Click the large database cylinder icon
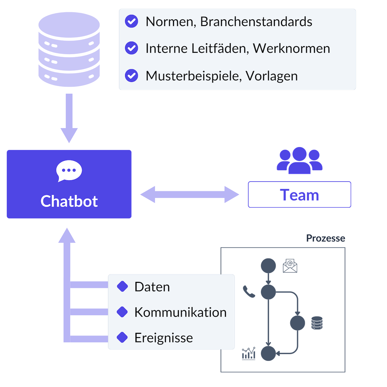point(69,49)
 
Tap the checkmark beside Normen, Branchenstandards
point(131,21)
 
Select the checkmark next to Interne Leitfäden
point(131,48)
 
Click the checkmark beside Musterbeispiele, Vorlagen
point(131,75)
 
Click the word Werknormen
point(291,48)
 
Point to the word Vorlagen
point(272,76)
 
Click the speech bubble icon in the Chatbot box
point(69,171)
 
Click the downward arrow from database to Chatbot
point(69,118)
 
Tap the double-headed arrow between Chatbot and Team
point(190,194)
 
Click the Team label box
point(299,194)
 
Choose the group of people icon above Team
point(299,161)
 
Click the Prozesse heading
point(325,238)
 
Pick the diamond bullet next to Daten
point(122,286)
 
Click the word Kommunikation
point(181,312)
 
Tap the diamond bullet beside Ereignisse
point(122,337)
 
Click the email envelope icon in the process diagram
point(290,266)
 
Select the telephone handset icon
point(249,292)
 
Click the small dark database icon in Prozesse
point(317,323)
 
